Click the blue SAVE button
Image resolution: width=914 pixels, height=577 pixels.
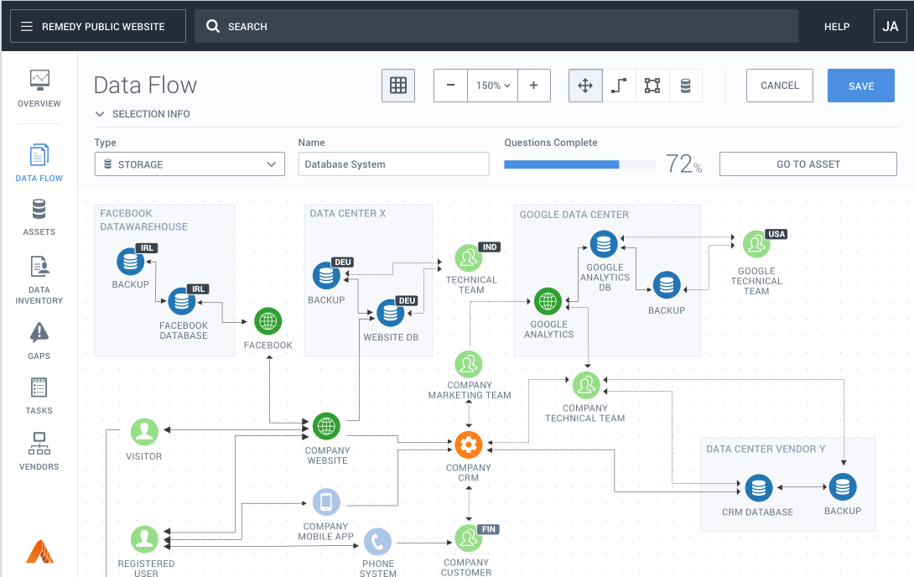[x=861, y=86]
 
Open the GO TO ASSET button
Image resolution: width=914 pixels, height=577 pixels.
[x=808, y=164]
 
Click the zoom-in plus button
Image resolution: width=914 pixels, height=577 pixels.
[x=533, y=86]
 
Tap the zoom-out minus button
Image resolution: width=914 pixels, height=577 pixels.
[x=450, y=86]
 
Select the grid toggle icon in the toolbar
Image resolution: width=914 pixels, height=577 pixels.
[x=398, y=86]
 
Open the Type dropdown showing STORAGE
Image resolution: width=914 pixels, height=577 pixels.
[x=190, y=164]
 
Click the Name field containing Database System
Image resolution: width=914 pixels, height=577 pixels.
[x=393, y=164]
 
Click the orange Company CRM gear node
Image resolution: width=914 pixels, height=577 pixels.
[x=469, y=445]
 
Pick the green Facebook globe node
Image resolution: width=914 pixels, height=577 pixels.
[x=268, y=321]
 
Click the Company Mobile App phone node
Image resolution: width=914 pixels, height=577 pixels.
[x=326, y=502]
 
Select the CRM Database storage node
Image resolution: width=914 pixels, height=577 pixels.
[x=758, y=488]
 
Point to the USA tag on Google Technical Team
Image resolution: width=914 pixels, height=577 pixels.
[x=776, y=234]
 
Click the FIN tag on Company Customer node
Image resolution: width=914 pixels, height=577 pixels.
[x=489, y=529]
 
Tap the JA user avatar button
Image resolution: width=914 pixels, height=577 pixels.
[x=890, y=26]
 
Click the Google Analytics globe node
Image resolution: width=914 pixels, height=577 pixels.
[x=548, y=301]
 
